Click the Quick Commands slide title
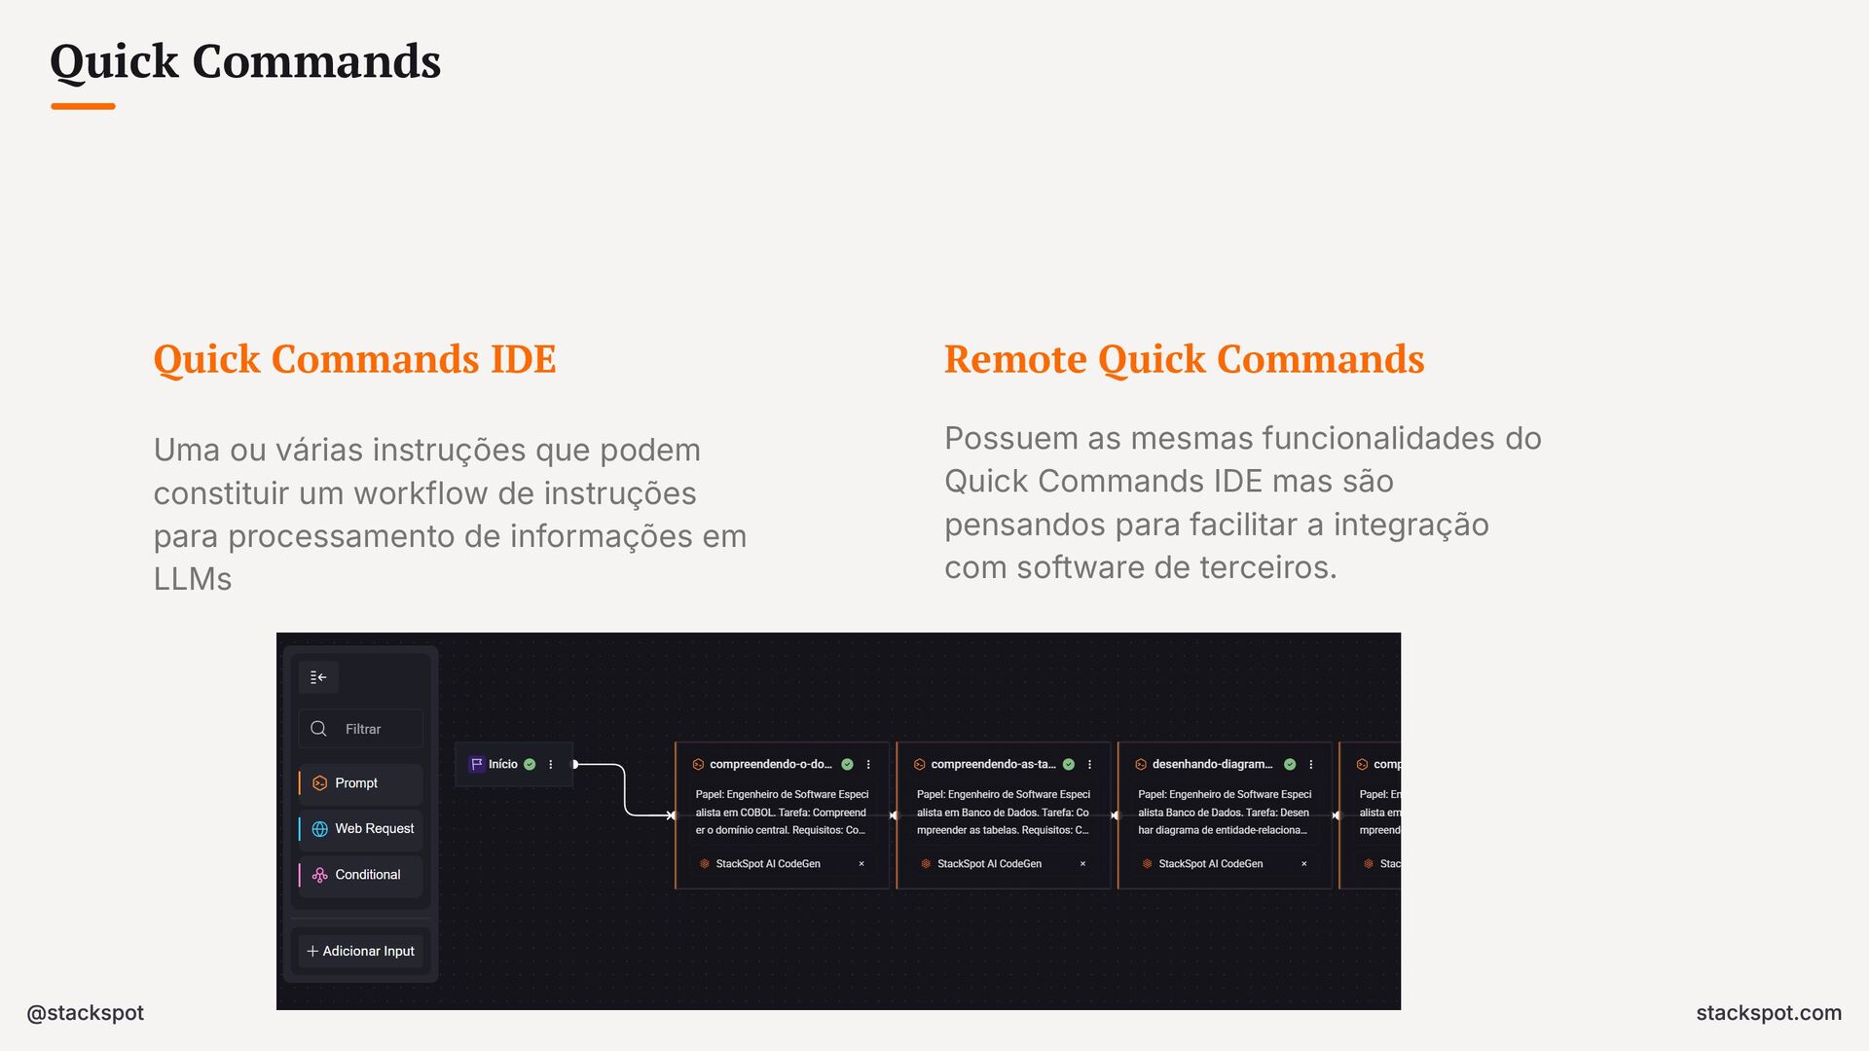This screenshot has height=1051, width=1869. [245, 61]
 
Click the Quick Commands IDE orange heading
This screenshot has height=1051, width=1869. [354, 359]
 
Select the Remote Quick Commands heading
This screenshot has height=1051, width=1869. [1184, 359]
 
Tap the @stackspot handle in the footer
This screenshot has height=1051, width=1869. [86, 1013]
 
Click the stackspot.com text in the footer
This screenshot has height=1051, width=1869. [1768, 1013]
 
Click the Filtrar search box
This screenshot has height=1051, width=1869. [362, 729]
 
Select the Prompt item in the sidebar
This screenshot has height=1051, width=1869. [356, 783]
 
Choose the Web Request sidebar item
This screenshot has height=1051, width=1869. [374, 829]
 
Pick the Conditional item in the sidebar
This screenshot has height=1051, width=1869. [367, 875]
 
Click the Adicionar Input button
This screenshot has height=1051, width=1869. [361, 951]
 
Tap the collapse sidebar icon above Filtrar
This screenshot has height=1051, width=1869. [318, 677]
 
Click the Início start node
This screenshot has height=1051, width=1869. [502, 765]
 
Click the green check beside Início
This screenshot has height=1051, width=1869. [530, 765]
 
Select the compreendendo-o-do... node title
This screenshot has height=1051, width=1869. [770, 765]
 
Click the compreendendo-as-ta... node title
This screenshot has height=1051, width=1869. [992, 765]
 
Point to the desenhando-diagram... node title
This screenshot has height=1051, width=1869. [1212, 765]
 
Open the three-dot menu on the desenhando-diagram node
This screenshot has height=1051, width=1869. [1311, 765]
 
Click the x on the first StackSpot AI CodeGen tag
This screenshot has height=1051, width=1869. [861, 864]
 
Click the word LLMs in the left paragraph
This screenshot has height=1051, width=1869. [193, 580]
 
